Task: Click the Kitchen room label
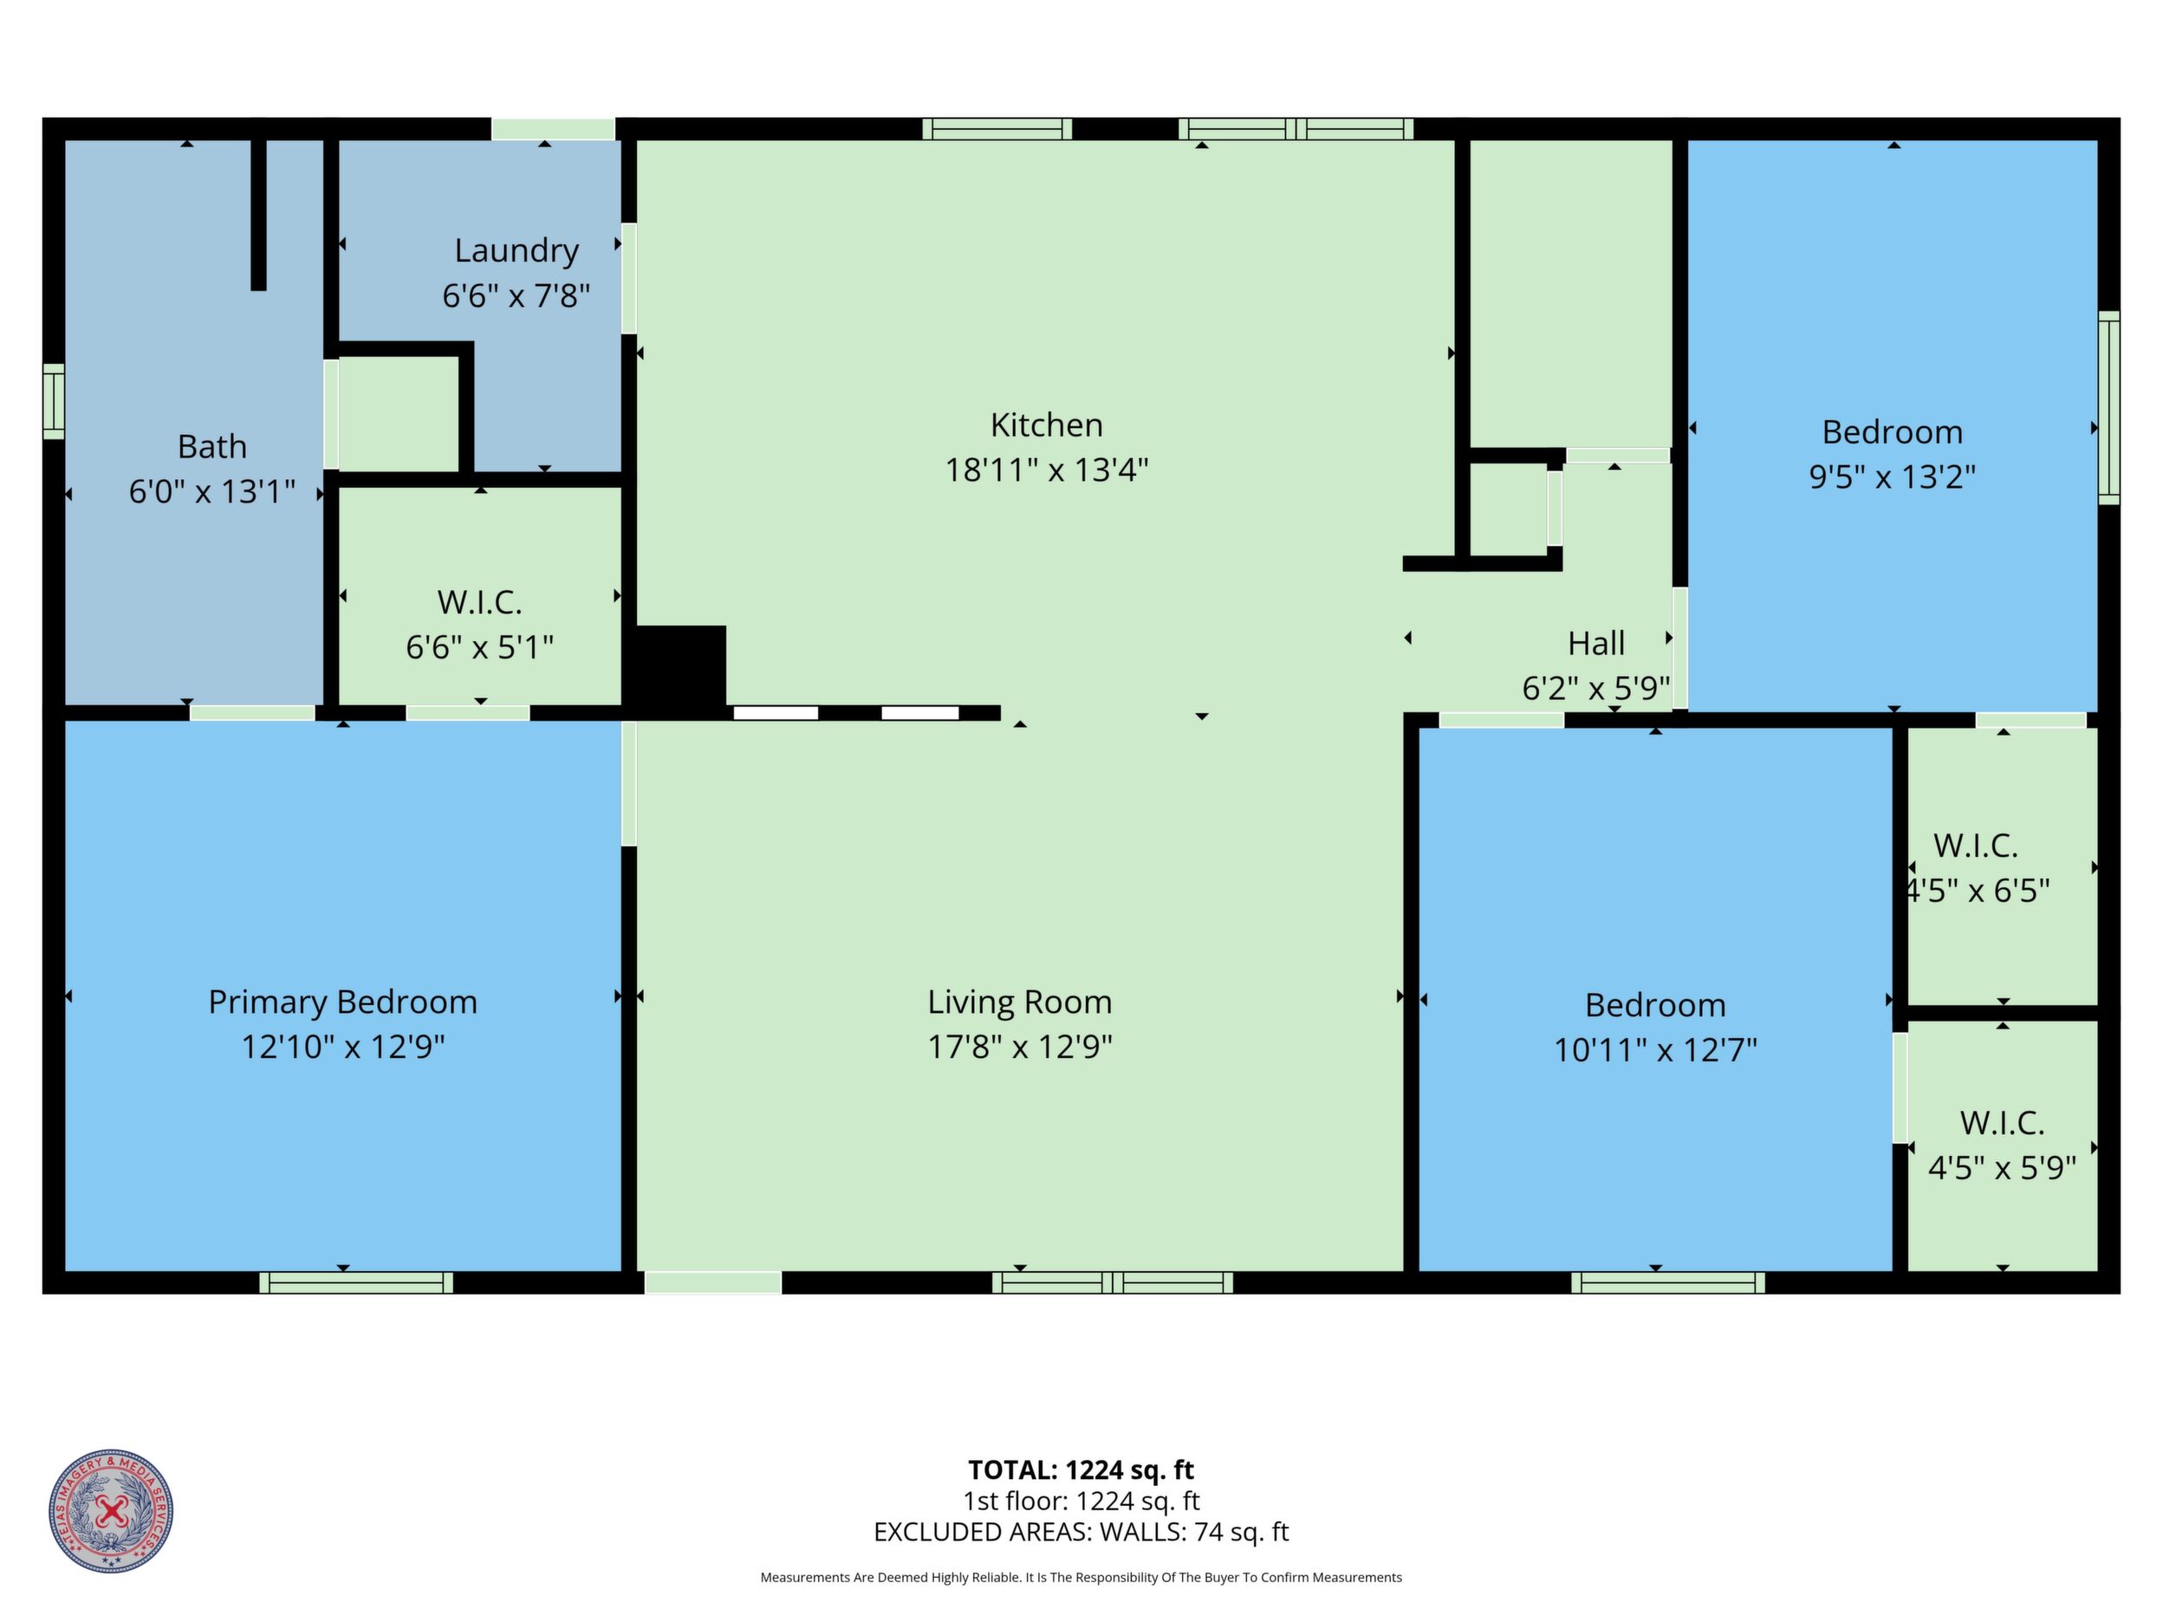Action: pyautogui.click(x=1046, y=425)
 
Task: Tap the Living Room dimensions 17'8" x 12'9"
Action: pyautogui.click(x=1020, y=1048)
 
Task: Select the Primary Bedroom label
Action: pyautogui.click(x=343, y=1002)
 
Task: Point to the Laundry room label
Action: pyautogui.click(x=516, y=251)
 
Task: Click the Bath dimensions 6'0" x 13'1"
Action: pyautogui.click(x=212, y=490)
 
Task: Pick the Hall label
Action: pyautogui.click(x=1596, y=643)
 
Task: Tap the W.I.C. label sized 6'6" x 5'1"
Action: pyautogui.click(x=479, y=602)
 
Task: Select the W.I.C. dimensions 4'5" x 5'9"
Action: pyautogui.click(x=2002, y=1167)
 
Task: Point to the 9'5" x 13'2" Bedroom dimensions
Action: pyautogui.click(x=1892, y=477)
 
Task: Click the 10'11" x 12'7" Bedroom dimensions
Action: pyautogui.click(x=1655, y=1050)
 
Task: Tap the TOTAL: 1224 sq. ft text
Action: pyautogui.click(x=1081, y=1470)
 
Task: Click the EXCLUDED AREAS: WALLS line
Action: pyautogui.click(x=1081, y=1532)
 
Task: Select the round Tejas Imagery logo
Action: pyautogui.click(x=112, y=1510)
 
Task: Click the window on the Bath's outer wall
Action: pyautogui.click(x=54, y=402)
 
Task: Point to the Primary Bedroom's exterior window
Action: pyautogui.click(x=356, y=1282)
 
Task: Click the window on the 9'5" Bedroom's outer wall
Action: pyautogui.click(x=2109, y=408)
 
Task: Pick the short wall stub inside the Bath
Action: pyautogui.click(x=258, y=215)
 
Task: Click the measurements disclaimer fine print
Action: pyautogui.click(x=1081, y=1577)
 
